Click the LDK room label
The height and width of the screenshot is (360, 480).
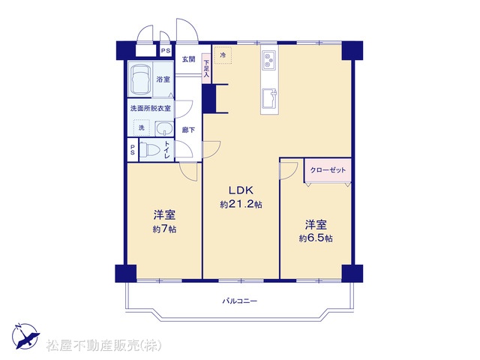(241, 190)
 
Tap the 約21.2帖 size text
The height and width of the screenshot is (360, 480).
(241, 204)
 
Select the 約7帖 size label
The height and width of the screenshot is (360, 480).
(164, 229)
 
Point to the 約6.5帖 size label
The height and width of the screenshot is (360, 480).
(316, 238)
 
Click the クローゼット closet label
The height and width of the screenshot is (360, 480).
(328, 170)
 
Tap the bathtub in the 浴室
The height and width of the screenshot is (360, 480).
(140, 79)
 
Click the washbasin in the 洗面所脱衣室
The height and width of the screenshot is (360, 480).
(164, 128)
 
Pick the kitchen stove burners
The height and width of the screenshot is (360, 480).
(269, 60)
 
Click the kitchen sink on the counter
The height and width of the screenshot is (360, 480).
(270, 98)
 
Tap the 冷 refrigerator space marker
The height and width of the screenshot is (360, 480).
(223, 55)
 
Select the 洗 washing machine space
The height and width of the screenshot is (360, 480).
(141, 127)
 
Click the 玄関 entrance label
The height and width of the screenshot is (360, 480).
(188, 59)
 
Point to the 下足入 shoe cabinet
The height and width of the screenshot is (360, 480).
(206, 68)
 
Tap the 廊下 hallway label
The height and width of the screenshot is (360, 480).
(188, 130)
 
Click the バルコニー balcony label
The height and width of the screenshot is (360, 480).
(240, 301)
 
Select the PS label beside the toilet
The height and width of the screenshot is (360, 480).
(133, 150)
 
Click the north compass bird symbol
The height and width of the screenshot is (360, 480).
(26, 336)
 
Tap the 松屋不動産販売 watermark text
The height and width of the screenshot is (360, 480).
(103, 346)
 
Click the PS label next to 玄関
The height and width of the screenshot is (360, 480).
(166, 51)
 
